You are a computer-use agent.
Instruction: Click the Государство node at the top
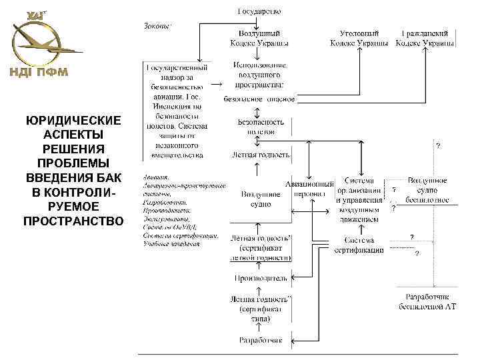click(259, 11)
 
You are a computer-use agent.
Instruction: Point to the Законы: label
click(157, 26)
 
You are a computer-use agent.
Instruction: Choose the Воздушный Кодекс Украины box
click(259, 38)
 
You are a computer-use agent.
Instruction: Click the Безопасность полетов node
click(260, 127)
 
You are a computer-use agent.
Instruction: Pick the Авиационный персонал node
click(309, 189)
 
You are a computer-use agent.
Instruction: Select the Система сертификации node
click(360, 245)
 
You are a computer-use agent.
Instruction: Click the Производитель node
click(260, 277)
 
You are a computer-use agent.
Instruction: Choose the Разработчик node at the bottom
click(260, 341)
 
